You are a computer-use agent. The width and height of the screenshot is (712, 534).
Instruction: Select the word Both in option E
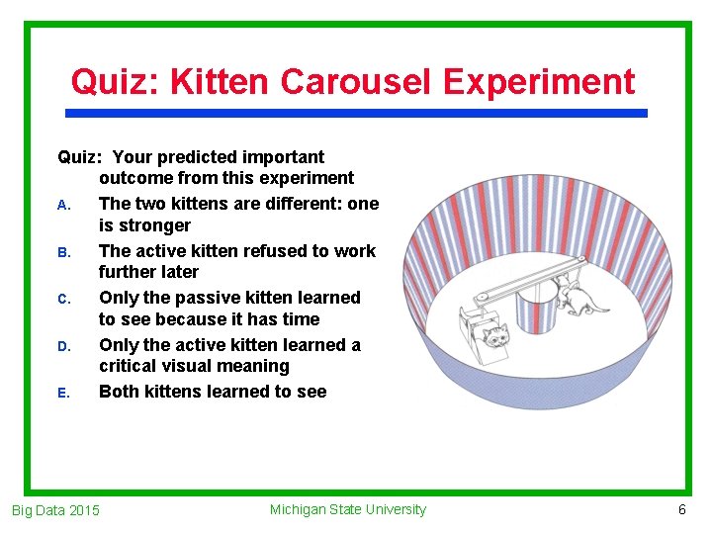coord(120,391)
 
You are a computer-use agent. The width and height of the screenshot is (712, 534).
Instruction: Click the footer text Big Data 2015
coord(55,510)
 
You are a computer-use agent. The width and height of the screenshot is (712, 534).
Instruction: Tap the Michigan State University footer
coord(347,509)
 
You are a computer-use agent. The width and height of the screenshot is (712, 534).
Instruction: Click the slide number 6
coord(681,509)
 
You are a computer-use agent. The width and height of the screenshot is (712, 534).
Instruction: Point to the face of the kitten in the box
coord(497,336)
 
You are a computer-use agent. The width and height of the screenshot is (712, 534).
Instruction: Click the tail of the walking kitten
coord(599,308)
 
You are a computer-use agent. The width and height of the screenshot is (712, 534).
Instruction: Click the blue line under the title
coord(356,113)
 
